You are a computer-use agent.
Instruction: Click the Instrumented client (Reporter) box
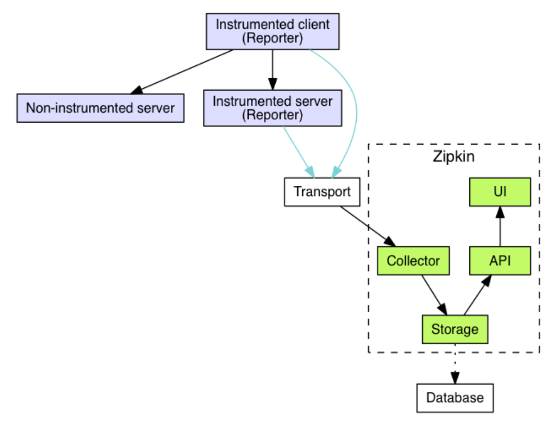coord(273,32)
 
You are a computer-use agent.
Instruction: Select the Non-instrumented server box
coord(100,108)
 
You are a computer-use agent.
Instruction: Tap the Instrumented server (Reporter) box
coord(272,108)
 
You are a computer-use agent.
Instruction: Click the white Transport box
coord(322,191)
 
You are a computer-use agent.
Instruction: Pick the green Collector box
coord(413,261)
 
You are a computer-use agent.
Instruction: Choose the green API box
coord(500,261)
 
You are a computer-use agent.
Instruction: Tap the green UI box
coord(500,191)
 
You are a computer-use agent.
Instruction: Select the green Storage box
coord(455,329)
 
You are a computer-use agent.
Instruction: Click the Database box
coord(455,398)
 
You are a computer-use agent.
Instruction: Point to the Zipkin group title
coord(453,157)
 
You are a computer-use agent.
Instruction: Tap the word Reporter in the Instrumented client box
coord(273,39)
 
